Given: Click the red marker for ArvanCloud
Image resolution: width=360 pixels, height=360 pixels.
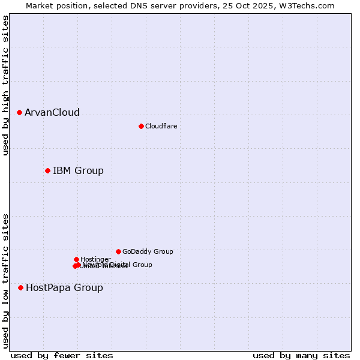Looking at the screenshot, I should (19, 112).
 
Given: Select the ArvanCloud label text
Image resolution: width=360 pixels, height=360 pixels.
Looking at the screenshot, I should (52, 113).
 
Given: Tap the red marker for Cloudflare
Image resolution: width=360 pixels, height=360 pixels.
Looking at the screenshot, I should (141, 126).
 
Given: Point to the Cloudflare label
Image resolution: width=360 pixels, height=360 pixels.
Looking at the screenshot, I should (161, 126).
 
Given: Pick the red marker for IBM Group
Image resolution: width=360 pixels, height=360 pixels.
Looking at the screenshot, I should (47, 170).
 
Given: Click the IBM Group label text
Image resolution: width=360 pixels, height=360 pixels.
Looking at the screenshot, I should (78, 171).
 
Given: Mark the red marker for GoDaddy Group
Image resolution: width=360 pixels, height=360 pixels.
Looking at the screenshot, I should (118, 251).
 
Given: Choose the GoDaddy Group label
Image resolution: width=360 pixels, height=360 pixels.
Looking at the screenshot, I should (148, 252).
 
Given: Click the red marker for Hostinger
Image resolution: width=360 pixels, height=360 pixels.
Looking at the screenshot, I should (76, 259).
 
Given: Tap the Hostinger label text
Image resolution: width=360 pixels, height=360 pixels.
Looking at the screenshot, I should (95, 260).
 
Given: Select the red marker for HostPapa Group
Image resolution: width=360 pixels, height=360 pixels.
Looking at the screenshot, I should (20, 287).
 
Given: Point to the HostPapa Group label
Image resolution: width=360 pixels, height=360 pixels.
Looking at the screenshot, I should (64, 288).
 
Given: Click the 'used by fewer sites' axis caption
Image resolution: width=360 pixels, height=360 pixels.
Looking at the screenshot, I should (62, 355).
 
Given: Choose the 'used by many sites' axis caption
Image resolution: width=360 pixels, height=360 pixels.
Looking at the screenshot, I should (301, 355).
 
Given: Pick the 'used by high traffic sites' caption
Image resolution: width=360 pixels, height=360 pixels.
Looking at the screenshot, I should (6, 85).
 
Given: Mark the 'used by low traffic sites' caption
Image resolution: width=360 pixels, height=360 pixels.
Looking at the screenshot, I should (6, 280).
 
